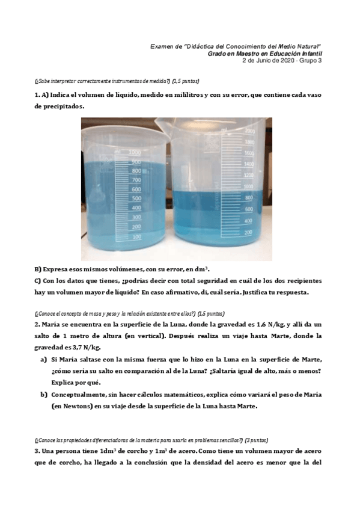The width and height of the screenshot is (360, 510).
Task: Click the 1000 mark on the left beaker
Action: tap(135, 153)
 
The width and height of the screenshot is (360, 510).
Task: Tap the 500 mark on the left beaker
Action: tap(136, 198)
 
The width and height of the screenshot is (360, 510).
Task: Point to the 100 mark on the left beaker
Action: tap(136, 236)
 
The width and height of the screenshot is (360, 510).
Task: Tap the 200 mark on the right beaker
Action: tap(248, 232)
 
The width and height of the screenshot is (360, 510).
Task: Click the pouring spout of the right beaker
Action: tap(178, 126)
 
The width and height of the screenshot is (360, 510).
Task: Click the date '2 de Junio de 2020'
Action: tap(270, 60)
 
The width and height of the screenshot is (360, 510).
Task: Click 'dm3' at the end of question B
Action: tap(200, 270)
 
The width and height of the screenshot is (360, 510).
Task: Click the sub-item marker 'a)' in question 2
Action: tap(43, 359)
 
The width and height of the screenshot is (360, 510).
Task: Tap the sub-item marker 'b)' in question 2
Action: tap(43, 394)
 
